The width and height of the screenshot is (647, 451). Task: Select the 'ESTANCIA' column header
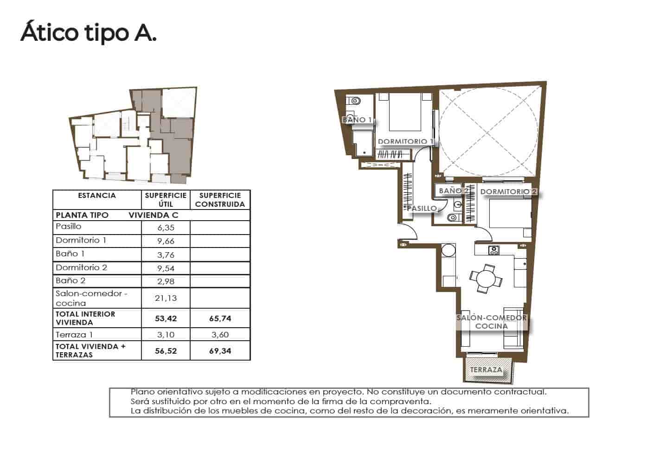(97, 196)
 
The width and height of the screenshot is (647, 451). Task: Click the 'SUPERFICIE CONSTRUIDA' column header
(220, 200)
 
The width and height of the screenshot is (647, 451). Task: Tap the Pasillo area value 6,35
(166, 228)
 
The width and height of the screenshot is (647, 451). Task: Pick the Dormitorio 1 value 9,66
(166, 241)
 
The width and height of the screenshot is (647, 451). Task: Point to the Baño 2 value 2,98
(166, 281)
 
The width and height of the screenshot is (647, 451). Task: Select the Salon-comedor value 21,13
(166, 298)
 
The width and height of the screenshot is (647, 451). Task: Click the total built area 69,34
(220, 351)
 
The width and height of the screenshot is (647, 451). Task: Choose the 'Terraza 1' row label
(75, 335)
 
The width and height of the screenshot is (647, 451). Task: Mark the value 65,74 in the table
(220, 318)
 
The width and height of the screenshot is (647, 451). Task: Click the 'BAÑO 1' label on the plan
(357, 120)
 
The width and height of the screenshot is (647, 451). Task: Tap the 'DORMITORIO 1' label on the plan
(405, 141)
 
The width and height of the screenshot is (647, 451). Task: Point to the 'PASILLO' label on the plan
(422, 208)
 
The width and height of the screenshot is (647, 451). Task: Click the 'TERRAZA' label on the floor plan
(486, 370)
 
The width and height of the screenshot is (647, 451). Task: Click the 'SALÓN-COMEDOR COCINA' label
(492, 322)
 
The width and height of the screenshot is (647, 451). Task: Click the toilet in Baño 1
(355, 101)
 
